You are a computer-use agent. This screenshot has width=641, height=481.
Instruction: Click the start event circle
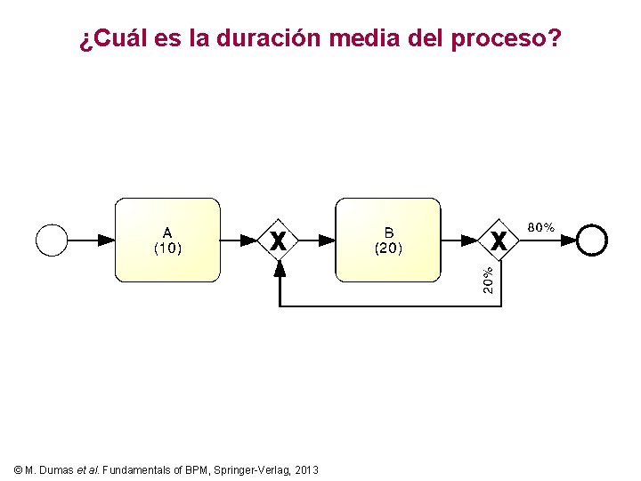(52, 240)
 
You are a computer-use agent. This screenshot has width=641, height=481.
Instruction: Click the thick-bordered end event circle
(592, 240)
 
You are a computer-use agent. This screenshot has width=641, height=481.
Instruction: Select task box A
(167, 240)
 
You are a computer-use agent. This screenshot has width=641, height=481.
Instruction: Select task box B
(388, 240)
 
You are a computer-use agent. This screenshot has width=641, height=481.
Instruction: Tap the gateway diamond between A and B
(279, 240)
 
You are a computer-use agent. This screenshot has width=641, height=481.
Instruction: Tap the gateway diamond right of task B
(499, 240)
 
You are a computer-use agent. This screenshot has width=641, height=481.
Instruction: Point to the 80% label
(541, 227)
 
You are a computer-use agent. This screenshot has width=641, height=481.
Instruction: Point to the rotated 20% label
(489, 281)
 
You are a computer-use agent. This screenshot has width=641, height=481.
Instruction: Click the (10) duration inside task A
(167, 249)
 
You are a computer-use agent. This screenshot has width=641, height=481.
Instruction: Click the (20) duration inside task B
(388, 249)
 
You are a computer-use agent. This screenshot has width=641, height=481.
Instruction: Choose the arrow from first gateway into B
(316, 240)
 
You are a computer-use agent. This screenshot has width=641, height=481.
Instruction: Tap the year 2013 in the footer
(305, 469)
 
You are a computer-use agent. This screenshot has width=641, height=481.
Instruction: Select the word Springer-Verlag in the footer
(251, 469)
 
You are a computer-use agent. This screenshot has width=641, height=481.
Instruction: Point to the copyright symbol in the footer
(19, 469)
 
